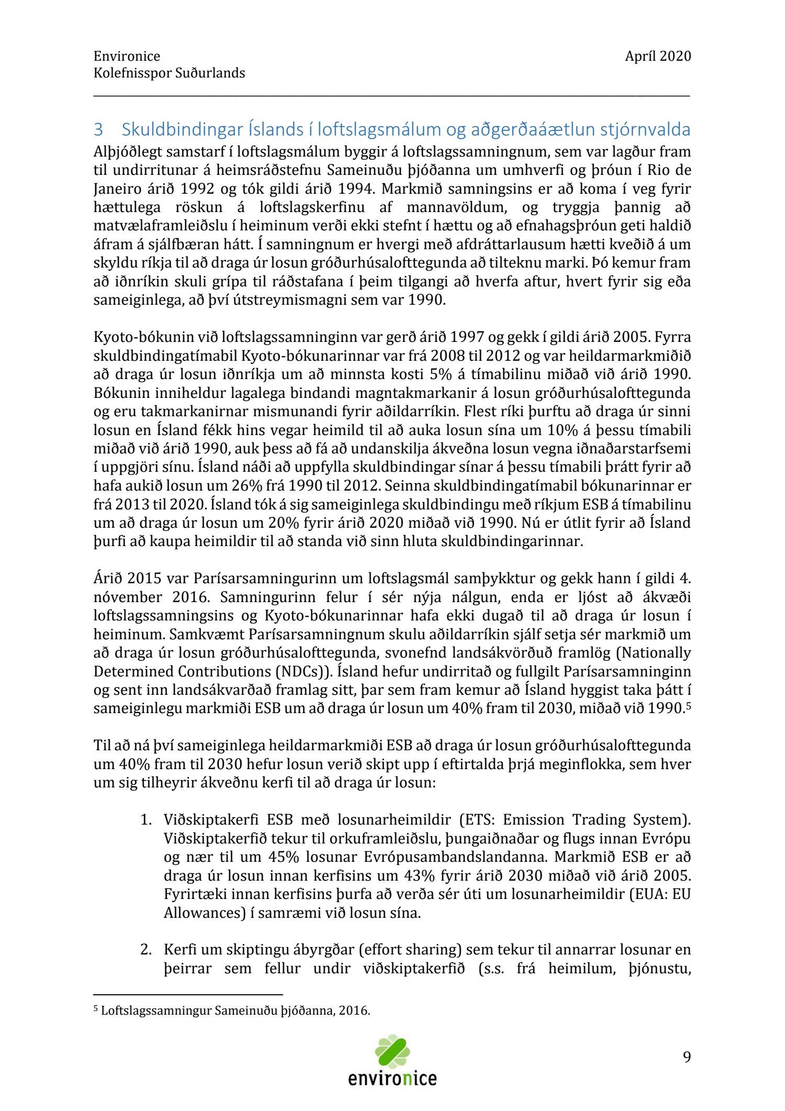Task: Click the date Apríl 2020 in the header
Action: point(657,56)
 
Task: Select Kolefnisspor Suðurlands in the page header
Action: point(169,73)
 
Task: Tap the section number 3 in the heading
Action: point(98,129)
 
